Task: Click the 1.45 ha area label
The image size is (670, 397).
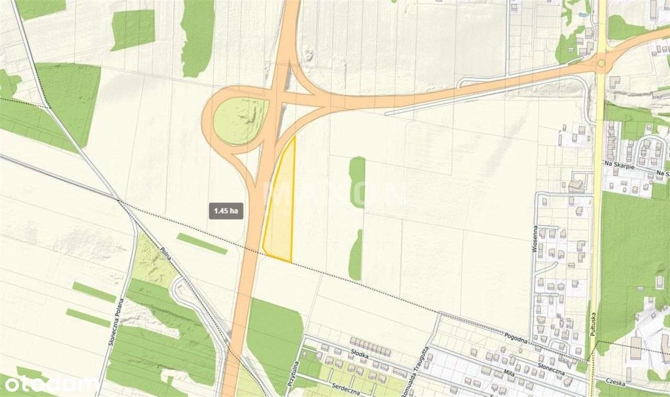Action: (x=226, y=210)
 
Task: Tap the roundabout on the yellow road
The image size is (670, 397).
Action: (x=601, y=63)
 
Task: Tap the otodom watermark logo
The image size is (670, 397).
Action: (x=50, y=385)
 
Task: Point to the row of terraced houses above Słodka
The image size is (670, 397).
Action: (x=371, y=346)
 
